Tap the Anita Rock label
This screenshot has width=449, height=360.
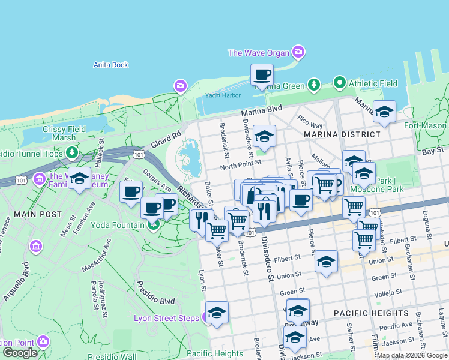click(111, 65)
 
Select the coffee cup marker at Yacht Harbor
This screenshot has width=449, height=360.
click(262, 76)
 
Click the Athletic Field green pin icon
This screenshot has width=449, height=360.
click(339, 83)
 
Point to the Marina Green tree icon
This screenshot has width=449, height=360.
click(313, 85)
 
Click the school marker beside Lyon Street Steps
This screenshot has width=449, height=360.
click(217, 314)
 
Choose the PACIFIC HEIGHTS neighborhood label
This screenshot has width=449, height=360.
click(370, 313)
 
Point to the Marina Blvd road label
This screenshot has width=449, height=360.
click(261, 111)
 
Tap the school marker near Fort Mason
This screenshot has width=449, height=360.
click(384, 112)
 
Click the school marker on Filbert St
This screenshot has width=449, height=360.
click(326, 262)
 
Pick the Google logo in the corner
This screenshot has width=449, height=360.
click(20, 353)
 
